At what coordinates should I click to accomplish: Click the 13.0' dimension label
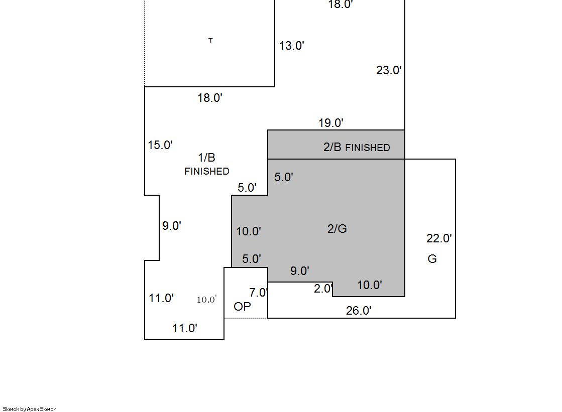click(x=292, y=46)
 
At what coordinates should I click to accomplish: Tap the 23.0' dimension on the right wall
click(x=389, y=70)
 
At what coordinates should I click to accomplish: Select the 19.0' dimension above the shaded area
click(x=331, y=123)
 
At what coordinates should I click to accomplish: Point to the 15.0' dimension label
click(x=160, y=145)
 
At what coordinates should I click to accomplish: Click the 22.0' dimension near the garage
click(x=439, y=238)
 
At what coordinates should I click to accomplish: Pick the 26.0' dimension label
click(x=359, y=311)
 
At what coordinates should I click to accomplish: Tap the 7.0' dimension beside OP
click(x=259, y=293)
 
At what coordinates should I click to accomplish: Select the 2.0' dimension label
click(x=323, y=289)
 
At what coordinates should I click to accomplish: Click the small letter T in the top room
click(x=211, y=41)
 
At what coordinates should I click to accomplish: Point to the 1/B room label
click(x=206, y=157)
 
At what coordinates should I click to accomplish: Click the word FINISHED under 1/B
click(x=207, y=171)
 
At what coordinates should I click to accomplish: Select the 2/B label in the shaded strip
click(x=332, y=147)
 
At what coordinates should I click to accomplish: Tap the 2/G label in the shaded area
click(x=337, y=228)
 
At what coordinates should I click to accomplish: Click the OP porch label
click(x=242, y=307)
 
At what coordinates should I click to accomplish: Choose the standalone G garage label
click(x=432, y=258)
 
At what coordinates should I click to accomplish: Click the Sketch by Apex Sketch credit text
click(x=30, y=409)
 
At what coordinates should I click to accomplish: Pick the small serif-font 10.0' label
click(x=207, y=300)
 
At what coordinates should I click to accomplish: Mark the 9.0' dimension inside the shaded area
click(x=300, y=271)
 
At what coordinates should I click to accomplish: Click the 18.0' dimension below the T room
click(x=210, y=98)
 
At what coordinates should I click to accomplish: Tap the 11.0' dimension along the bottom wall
click(x=185, y=328)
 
